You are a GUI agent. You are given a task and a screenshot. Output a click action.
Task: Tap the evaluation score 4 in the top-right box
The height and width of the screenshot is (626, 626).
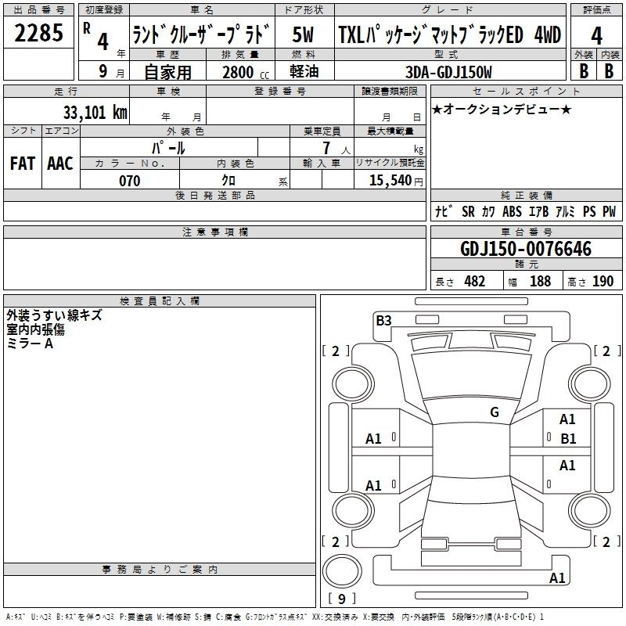click(x=596, y=35)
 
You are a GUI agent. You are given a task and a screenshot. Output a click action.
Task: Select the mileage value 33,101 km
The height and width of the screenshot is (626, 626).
click(x=95, y=113)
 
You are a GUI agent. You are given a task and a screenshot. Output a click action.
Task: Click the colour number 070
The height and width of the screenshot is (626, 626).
click(x=129, y=181)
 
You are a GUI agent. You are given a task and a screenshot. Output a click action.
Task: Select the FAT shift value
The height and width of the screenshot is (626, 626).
click(x=23, y=164)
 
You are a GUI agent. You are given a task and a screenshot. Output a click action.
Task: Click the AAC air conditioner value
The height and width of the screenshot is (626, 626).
click(x=60, y=164)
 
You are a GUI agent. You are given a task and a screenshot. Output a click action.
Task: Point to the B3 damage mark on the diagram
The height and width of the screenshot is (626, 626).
click(x=383, y=320)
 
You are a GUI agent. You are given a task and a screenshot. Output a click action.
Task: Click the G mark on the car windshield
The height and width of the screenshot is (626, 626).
click(x=495, y=412)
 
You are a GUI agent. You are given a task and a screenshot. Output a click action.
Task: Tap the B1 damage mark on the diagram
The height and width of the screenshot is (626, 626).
click(x=567, y=438)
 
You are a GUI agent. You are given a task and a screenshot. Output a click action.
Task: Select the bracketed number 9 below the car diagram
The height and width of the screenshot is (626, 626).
click(x=341, y=599)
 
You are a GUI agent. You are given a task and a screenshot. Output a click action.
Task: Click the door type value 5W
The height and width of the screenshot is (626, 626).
click(x=303, y=35)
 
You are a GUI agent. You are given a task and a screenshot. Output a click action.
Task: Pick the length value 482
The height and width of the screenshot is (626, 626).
click(x=474, y=282)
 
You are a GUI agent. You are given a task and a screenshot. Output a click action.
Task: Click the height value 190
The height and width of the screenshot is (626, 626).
click(x=603, y=282)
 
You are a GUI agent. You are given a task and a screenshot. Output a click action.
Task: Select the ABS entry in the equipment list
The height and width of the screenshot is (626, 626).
click(x=512, y=212)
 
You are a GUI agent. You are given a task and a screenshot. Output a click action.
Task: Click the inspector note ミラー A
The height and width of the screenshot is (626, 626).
click(x=30, y=344)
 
